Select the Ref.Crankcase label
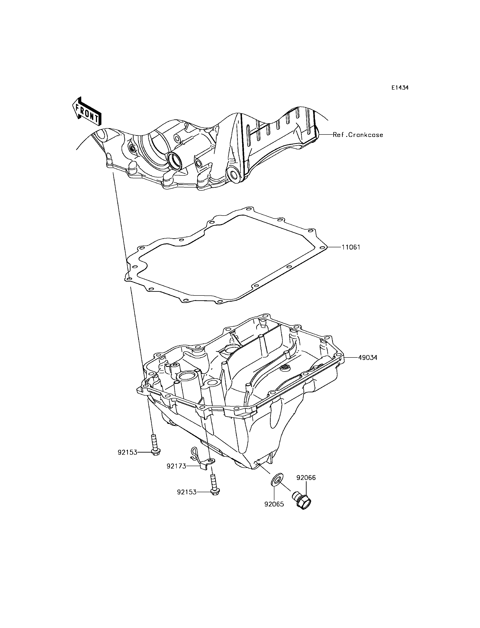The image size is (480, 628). [x=358, y=135]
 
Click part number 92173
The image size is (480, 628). [x=176, y=466]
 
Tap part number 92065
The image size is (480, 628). [x=274, y=504]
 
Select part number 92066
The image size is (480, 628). [x=306, y=478]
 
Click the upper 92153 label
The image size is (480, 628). [x=127, y=453]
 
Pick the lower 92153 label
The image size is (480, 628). [x=187, y=492]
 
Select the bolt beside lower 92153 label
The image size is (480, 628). [x=214, y=484]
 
